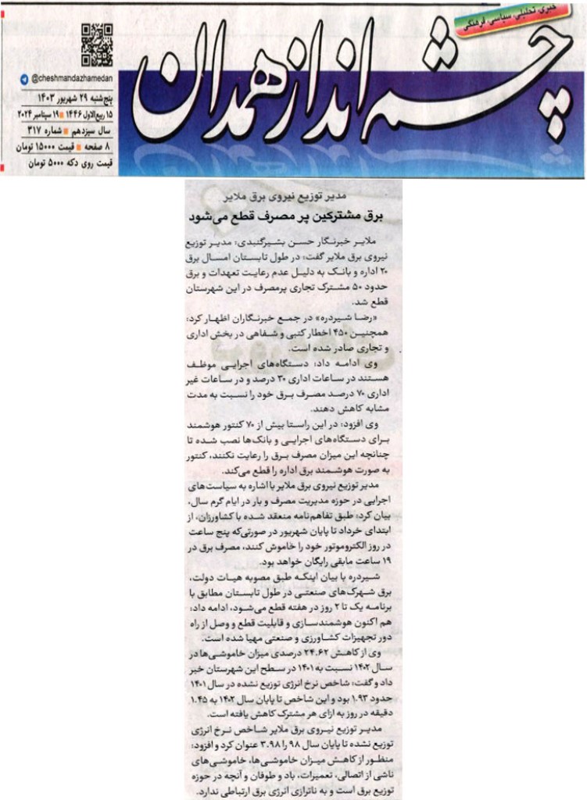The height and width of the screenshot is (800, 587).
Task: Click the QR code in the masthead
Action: click(x=97, y=45)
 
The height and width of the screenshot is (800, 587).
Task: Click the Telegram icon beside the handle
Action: click(x=24, y=80)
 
